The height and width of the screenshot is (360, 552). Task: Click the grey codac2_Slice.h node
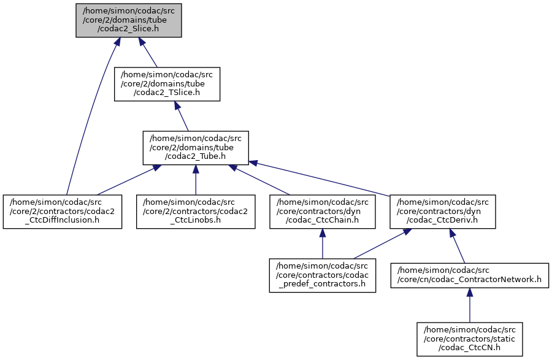129,20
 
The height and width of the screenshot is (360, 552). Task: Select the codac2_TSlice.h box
167,84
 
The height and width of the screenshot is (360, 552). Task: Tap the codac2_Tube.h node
196,148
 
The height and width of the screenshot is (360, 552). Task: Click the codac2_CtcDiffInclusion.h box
63,212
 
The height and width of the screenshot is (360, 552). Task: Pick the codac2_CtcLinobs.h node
196,212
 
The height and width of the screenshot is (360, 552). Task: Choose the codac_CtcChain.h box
323,212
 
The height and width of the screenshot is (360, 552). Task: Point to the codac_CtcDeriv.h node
443,212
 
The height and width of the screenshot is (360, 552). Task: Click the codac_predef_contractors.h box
323,275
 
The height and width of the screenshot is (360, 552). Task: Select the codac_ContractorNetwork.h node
470,275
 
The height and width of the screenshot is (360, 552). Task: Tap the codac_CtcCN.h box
470,339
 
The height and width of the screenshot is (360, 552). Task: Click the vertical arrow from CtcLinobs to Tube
196,180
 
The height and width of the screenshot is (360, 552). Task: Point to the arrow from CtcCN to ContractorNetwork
470,307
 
